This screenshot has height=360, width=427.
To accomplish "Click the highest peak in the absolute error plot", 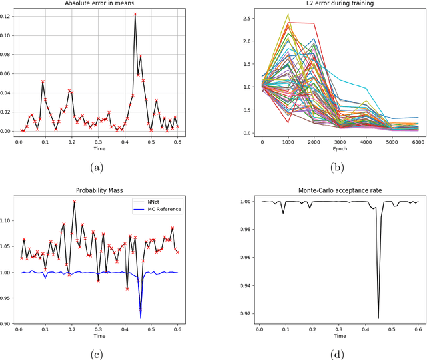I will (x=135, y=14).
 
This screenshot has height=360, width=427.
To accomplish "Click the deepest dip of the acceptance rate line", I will (x=378, y=317).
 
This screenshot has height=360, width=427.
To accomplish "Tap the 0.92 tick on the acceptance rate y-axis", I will (x=244, y=313).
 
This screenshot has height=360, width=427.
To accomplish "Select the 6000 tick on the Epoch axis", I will (x=417, y=142).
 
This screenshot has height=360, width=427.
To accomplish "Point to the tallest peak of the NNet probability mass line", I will (x=74, y=201).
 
